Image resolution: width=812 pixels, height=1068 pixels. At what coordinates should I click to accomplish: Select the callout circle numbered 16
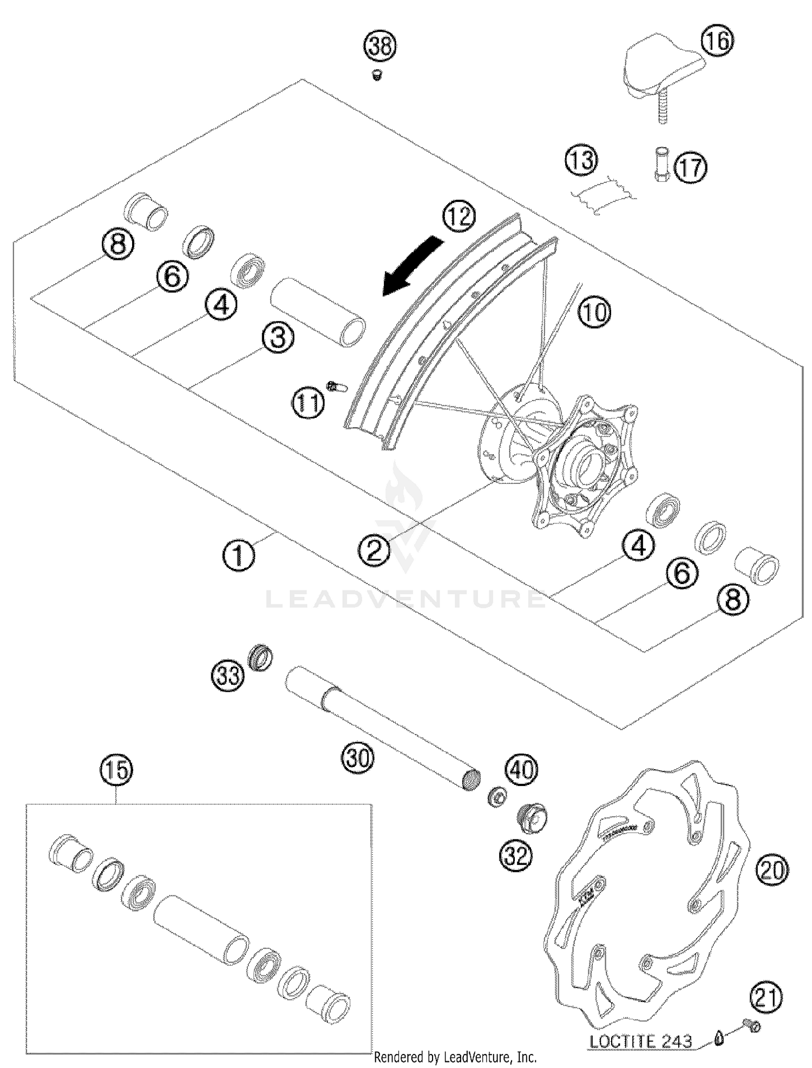pos(717,41)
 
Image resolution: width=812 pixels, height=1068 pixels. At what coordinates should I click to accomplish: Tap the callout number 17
pos(691,168)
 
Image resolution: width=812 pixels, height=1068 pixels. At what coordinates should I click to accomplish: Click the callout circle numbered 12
pos(459,217)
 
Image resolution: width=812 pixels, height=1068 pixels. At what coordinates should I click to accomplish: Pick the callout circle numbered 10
pos(594,312)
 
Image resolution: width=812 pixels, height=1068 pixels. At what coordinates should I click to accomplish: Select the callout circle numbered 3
pos(278,338)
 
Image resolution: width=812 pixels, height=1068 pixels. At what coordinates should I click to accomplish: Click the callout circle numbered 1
pos(239,556)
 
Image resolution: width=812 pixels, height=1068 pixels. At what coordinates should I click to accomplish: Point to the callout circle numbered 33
pos(227,675)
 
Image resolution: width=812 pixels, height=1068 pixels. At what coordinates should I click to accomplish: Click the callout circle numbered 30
pos(358,757)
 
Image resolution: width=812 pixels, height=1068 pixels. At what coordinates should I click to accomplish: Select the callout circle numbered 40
pos(521,769)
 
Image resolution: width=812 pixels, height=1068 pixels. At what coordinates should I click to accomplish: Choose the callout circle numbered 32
pos(516,856)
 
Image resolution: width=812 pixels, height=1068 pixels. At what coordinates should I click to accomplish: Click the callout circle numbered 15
pos(116,770)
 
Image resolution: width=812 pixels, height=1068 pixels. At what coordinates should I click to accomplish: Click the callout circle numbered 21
pos(766,997)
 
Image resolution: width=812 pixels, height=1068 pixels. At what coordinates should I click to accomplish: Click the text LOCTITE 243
pos(640,1041)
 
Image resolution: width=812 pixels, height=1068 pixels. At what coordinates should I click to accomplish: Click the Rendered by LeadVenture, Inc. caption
pos(455,1057)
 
